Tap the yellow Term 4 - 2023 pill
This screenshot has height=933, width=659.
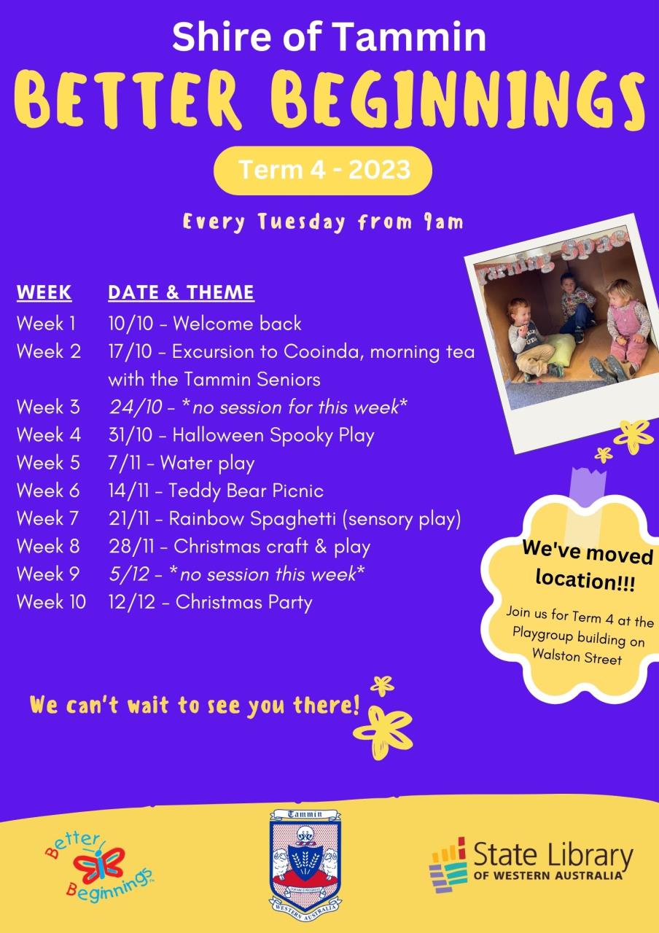323,171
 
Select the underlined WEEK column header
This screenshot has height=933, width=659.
44,292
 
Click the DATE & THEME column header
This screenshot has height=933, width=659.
182,292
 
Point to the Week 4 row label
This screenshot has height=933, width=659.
49,435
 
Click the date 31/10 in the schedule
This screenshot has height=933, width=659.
130,435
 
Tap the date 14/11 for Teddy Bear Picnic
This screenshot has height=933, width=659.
129,491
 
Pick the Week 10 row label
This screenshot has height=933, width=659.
51,602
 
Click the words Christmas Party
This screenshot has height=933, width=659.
243,603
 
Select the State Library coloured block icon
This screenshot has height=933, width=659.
448,865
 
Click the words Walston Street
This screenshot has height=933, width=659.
577,657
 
